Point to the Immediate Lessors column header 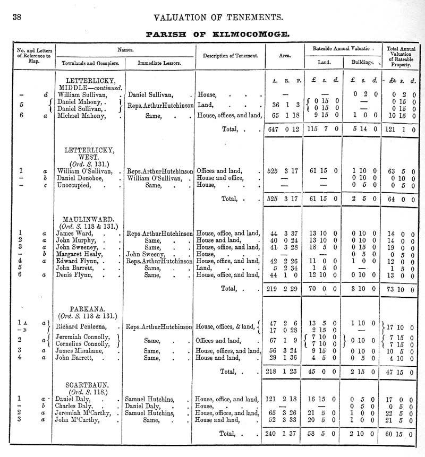click(x=159, y=63)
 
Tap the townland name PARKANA click(x=88, y=309)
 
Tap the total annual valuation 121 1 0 click(x=399, y=129)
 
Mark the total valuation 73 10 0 click(x=399, y=290)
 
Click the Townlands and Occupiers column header click(x=90, y=63)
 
